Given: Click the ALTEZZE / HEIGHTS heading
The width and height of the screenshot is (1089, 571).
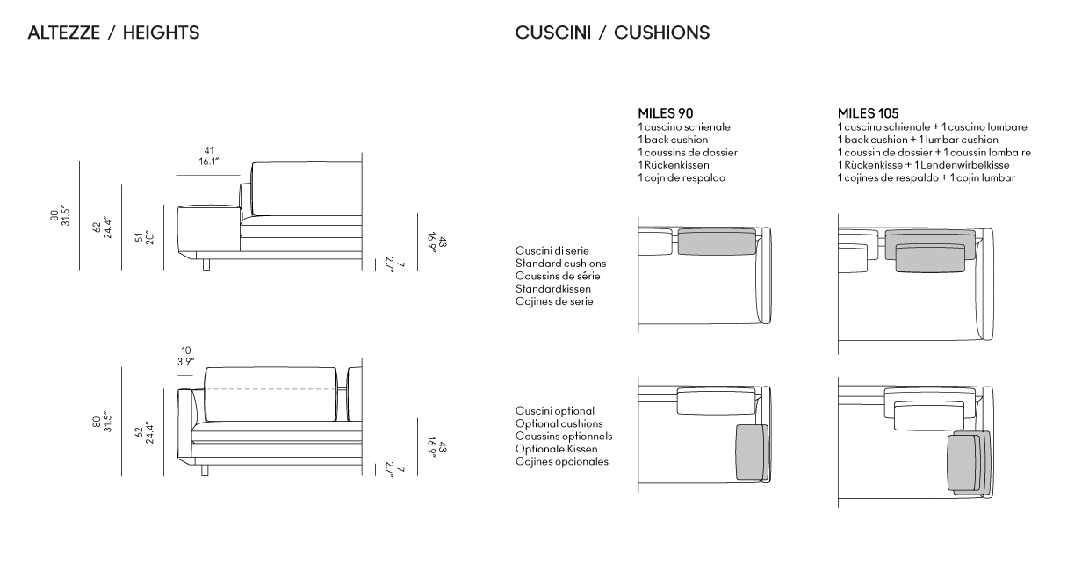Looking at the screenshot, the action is [113, 33].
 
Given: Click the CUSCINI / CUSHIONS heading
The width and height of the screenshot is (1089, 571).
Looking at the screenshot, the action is [612, 33].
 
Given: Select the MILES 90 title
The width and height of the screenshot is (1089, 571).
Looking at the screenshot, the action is [665, 113].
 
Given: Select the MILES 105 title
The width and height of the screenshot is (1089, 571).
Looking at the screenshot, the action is [868, 113].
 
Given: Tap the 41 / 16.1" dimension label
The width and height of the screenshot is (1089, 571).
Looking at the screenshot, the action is [208, 155].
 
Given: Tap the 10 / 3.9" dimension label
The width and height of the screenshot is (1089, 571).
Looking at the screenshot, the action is [185, 356].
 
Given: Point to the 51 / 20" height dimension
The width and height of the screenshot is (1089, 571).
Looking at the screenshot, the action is [144, 237].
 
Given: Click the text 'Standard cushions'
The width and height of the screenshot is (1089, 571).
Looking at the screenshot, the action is [560, 264].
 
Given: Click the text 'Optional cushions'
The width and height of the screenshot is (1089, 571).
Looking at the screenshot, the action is [559, 423].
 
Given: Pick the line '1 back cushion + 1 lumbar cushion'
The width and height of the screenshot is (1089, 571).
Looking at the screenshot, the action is [918, 140].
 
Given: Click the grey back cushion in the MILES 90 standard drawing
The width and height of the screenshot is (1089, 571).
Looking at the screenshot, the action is [717, 242].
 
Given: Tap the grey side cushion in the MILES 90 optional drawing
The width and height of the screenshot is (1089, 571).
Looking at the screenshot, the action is [752, 452].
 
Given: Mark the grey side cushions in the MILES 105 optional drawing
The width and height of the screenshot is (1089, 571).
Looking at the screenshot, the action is [968, 463].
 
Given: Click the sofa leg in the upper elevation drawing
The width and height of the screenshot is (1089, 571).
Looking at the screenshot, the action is [206, 264].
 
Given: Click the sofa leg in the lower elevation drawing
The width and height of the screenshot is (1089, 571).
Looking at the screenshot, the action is [206, 470].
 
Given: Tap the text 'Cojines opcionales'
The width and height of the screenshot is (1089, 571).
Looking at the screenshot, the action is [562, 461].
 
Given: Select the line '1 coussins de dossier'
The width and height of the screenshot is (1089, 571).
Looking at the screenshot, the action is [688, 152].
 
